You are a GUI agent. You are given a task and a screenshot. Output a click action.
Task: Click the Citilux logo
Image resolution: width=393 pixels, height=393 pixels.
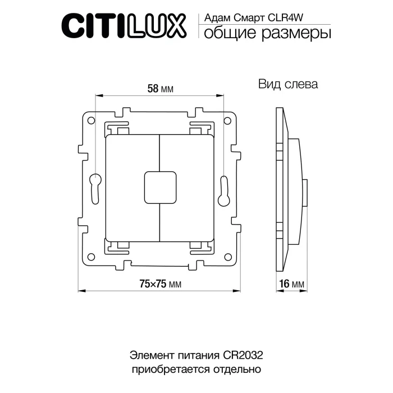tap(123, 25)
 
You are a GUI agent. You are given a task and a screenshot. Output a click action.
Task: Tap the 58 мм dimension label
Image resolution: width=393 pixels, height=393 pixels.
tap(159, 89)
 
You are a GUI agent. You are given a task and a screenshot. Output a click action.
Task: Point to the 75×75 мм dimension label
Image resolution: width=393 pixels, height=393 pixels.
tap(160, 284)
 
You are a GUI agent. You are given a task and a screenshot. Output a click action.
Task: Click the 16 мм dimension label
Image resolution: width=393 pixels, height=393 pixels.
tap(291, 284)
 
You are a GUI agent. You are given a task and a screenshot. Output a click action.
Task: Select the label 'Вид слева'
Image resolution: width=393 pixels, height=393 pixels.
tap(288, 85)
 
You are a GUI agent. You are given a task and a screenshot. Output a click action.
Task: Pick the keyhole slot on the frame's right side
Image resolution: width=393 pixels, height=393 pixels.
tap(223, 189)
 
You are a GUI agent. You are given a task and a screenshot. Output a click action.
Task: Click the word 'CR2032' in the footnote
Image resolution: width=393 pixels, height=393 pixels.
tap(242, 355)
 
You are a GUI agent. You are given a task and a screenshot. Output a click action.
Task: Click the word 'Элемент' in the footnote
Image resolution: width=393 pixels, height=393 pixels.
tap(149, 355)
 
